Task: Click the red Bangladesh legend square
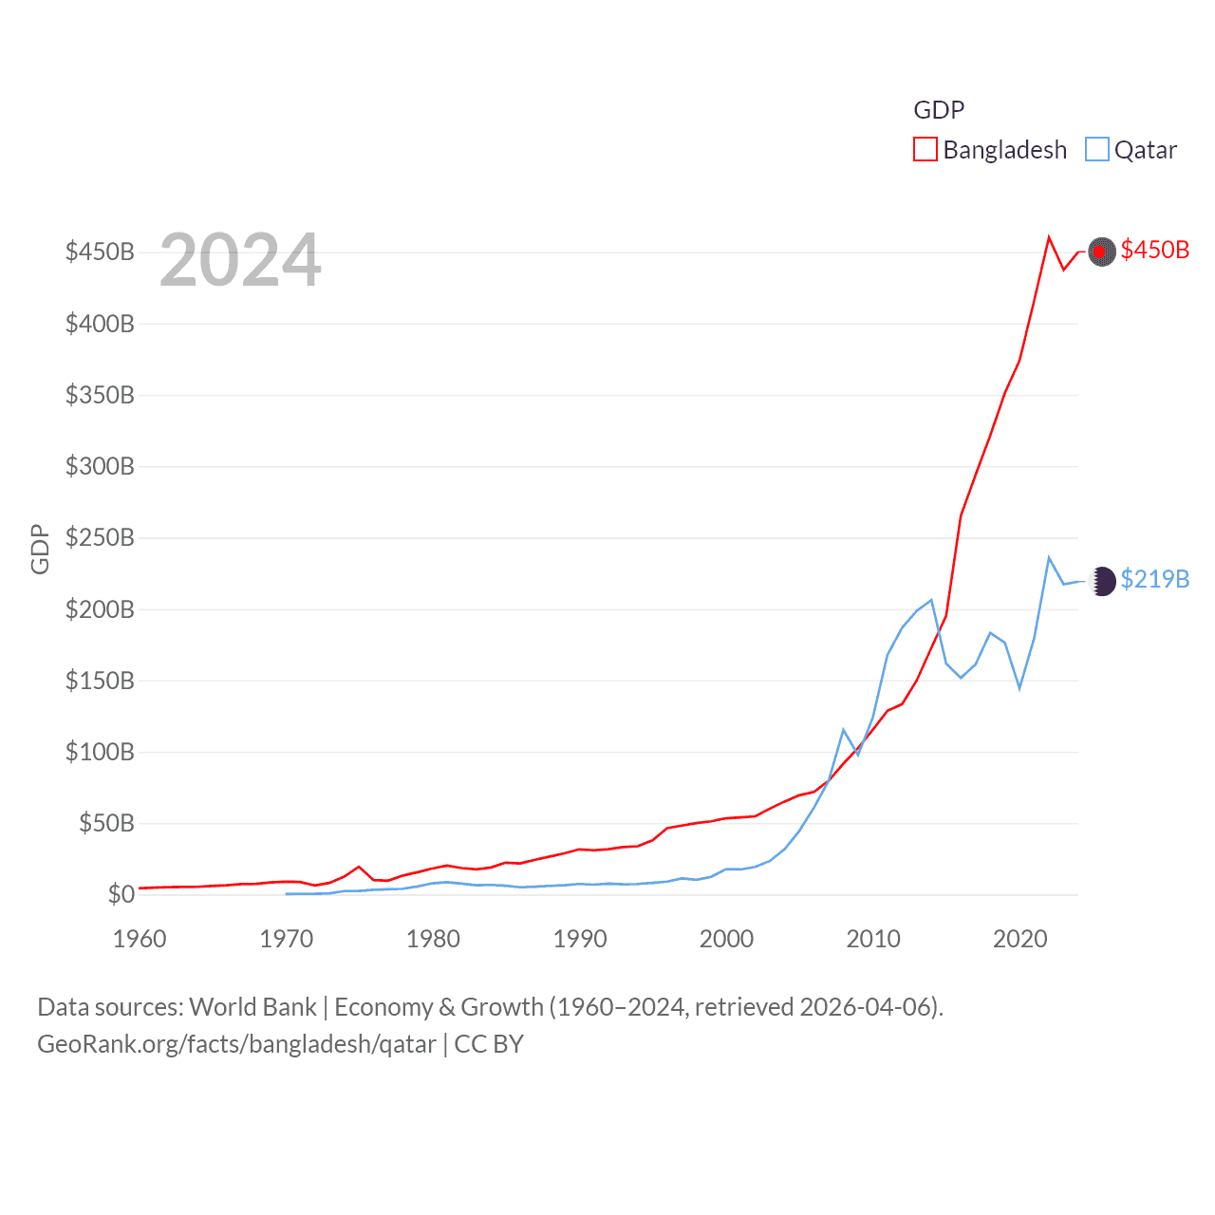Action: [925, 150]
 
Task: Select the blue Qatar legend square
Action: [1097, 150]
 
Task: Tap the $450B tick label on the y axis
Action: [100, 252]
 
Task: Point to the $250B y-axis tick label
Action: [100, 537]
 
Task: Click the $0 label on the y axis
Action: [121, 894]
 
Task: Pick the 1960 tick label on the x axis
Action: [140, 939]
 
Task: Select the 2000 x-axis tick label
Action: [726, 939]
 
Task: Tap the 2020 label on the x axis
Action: [1019, 939]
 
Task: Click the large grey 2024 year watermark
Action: [240, 259]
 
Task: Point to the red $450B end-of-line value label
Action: [1154, 250]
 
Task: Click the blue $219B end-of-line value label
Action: [1154, 579]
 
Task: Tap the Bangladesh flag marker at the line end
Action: [1101, 252]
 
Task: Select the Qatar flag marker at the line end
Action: [1101, 581]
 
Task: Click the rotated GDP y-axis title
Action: [40, 549]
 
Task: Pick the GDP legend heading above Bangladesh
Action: [939, 110]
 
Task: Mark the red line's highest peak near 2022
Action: [1049, 237]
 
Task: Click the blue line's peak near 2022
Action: [1049, 558]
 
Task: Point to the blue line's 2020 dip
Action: [1019, 687]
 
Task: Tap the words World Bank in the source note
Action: [252, 1006]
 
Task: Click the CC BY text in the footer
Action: [489, 1044]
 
